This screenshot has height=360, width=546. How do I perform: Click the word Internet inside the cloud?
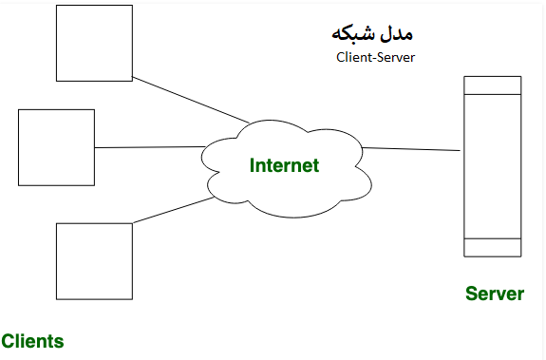point(284,165)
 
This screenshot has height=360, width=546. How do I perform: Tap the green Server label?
point(494,294)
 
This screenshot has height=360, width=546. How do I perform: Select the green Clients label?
point(32,341)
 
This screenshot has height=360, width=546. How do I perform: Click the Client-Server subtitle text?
point(376,57)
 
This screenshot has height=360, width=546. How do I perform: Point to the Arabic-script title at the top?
point(372,33)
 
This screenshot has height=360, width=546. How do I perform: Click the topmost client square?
point(94,44)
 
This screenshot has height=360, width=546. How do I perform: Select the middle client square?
point(56,147)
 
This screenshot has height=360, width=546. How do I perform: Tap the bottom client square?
point(94,261)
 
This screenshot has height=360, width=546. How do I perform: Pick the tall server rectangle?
point(492,166)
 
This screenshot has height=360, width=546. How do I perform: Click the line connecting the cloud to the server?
point(411,149)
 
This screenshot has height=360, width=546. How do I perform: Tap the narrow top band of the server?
point(492,85)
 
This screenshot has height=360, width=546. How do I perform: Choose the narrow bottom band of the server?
point(492,247)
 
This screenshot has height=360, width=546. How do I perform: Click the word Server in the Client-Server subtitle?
point(396,57)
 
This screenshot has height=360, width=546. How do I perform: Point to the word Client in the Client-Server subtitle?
point(353,57)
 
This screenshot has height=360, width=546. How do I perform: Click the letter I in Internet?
point(253,165)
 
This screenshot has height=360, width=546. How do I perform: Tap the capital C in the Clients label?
point(8,341)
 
